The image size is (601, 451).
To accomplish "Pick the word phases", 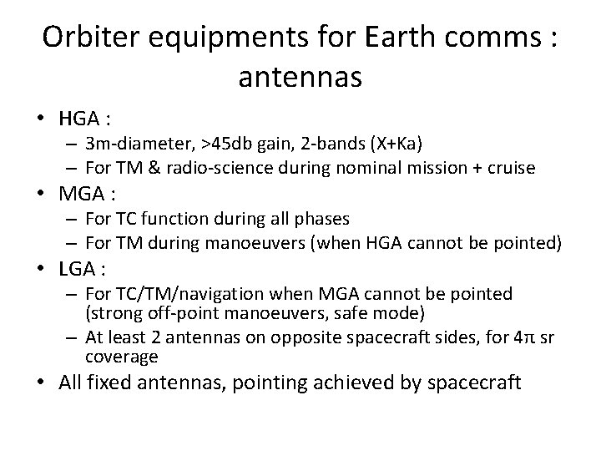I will (x=321, y=219).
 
